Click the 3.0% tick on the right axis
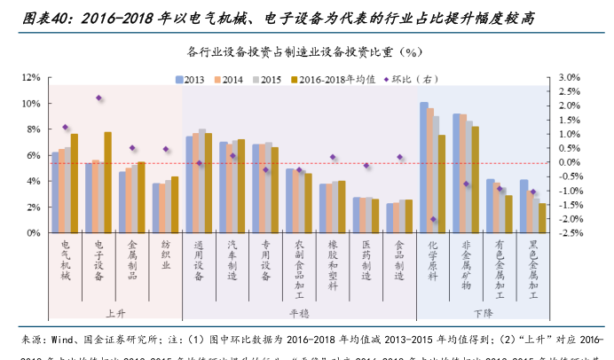point(569,78)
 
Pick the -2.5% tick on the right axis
point(569,233)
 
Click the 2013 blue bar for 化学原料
point(424,168)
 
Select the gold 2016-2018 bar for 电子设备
point(107,183)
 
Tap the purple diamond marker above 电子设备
point(98,98)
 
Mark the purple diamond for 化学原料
point(434,219)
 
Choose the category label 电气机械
point(65,259)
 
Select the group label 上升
point(115,313)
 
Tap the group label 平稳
point(298,313)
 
